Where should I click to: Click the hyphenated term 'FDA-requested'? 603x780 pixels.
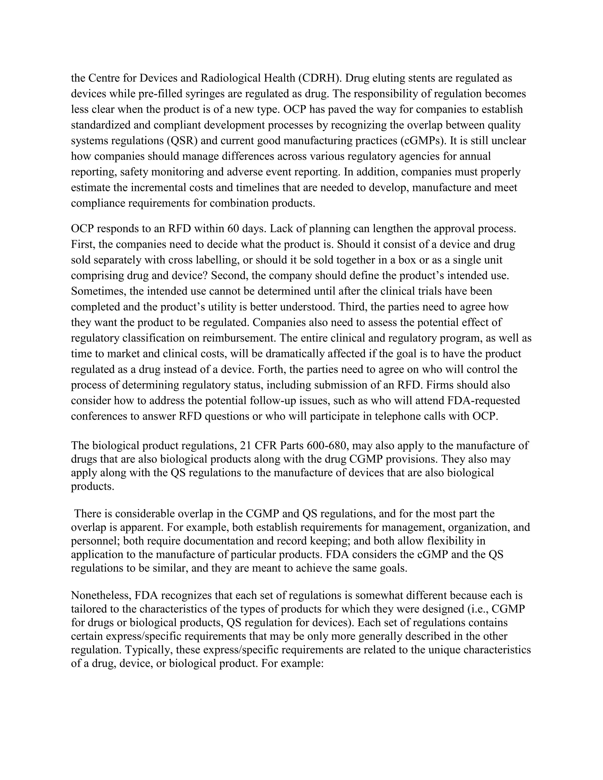[483, 400]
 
